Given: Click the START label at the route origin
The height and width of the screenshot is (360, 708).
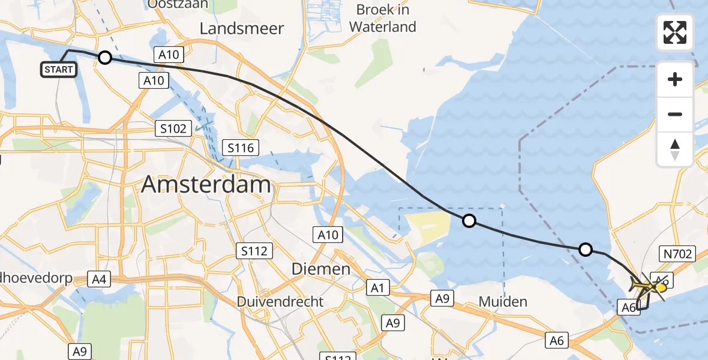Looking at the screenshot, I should (59, 70).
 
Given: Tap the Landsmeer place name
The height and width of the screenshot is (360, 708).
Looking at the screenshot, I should (242, 28).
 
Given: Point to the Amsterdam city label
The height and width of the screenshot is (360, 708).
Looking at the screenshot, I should (206, 185).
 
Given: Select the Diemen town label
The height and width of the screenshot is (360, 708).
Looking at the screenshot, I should (321, 269).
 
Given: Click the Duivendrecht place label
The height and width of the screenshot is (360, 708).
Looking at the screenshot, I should (280, 301).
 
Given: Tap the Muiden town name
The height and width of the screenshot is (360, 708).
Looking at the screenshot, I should (503, 301).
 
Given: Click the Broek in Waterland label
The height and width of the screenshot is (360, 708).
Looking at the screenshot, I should (383, 18).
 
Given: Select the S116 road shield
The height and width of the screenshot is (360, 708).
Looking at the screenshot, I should (239, 147).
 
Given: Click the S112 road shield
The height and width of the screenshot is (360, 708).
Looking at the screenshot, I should (255, 251).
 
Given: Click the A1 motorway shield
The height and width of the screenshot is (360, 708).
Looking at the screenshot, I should (377, 288).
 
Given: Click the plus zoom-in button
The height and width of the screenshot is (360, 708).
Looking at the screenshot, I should (675, 79).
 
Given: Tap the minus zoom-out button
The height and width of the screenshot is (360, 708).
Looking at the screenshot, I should (675, 114).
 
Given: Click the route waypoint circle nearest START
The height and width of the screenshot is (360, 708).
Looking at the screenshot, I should (105, 58).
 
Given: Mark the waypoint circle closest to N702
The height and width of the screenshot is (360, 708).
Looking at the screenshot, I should (585, 250).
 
